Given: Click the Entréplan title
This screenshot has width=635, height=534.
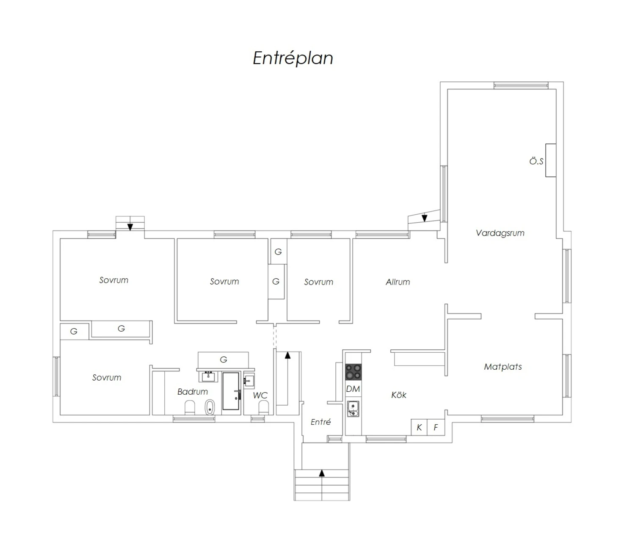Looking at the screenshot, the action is pos(293,58).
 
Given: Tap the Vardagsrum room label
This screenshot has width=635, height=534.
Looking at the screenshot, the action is pos(500,233).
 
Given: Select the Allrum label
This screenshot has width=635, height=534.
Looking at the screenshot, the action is pos(398,282).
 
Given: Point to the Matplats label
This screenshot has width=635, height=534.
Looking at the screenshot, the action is pos(503,367).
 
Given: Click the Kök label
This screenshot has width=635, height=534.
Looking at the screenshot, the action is pos(399,395).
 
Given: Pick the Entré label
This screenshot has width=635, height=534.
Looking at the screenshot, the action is pos(320,422).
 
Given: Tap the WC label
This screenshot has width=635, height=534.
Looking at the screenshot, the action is pos(260,395).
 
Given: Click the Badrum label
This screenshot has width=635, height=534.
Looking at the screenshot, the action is pos(193,391).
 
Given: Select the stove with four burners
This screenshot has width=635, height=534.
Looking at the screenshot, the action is pos(353,372).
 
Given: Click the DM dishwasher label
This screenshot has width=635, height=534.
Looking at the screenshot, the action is pos(353,389).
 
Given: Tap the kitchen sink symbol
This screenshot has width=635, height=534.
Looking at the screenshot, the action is pos(353,409).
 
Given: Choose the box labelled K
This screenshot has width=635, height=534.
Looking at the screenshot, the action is pos(419,428).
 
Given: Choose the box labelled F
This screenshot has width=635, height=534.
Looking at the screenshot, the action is pos(436,428).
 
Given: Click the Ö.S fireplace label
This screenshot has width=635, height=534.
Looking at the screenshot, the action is pos(536,161).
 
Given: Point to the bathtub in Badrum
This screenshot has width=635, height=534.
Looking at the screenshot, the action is pos(231,391).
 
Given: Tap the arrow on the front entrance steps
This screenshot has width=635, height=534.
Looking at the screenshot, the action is pos(322,473).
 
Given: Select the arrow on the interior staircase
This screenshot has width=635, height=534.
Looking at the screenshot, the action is pos(287,378).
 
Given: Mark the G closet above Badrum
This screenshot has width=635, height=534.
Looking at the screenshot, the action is pos(223,360).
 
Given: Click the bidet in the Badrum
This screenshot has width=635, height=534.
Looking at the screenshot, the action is pos(210,407).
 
